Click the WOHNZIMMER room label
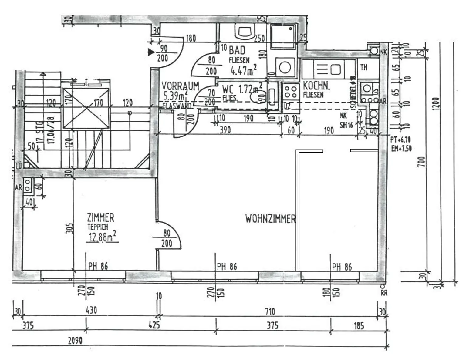[270, 219]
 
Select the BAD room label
[237, 50]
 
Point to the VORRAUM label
[180, 86]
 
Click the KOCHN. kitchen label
[316, 86]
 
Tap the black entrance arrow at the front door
[151, 52]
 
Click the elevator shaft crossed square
[86, 108]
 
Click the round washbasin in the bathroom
[285, 67]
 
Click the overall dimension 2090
[75, 341]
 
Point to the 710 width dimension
[270, 311]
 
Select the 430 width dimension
[91, 310]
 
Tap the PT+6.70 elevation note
[400, 140]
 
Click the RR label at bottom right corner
[384, 293]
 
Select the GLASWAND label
[177, 106]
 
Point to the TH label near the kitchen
[364, 67]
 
